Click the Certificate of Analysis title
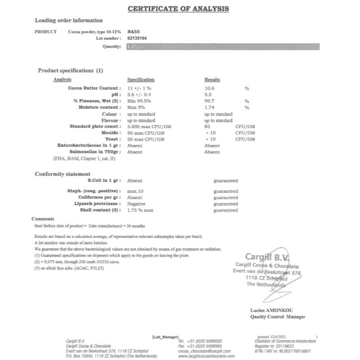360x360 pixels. (x=178, y=8)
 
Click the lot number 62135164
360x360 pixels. (x=137, y=38)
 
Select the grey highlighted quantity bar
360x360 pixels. (x=223, y=47)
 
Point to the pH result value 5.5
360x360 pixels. (x=208, y=94)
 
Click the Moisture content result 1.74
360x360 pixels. (x=210, y=107)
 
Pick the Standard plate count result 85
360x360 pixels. (x=208, y=127)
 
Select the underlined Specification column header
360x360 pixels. (x=141, y=79)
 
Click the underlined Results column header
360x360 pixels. (x=212, y=79)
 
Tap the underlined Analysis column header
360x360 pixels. (x=62, y=79)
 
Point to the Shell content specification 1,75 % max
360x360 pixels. (x=141, y=211)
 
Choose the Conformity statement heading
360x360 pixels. (x=62, y=174)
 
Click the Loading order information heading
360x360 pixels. (x=69, y=20)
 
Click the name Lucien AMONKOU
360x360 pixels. (x=273, y=311)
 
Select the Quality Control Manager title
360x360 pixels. (x=278, y=317)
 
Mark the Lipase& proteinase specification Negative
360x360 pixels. (x=136, y=204)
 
